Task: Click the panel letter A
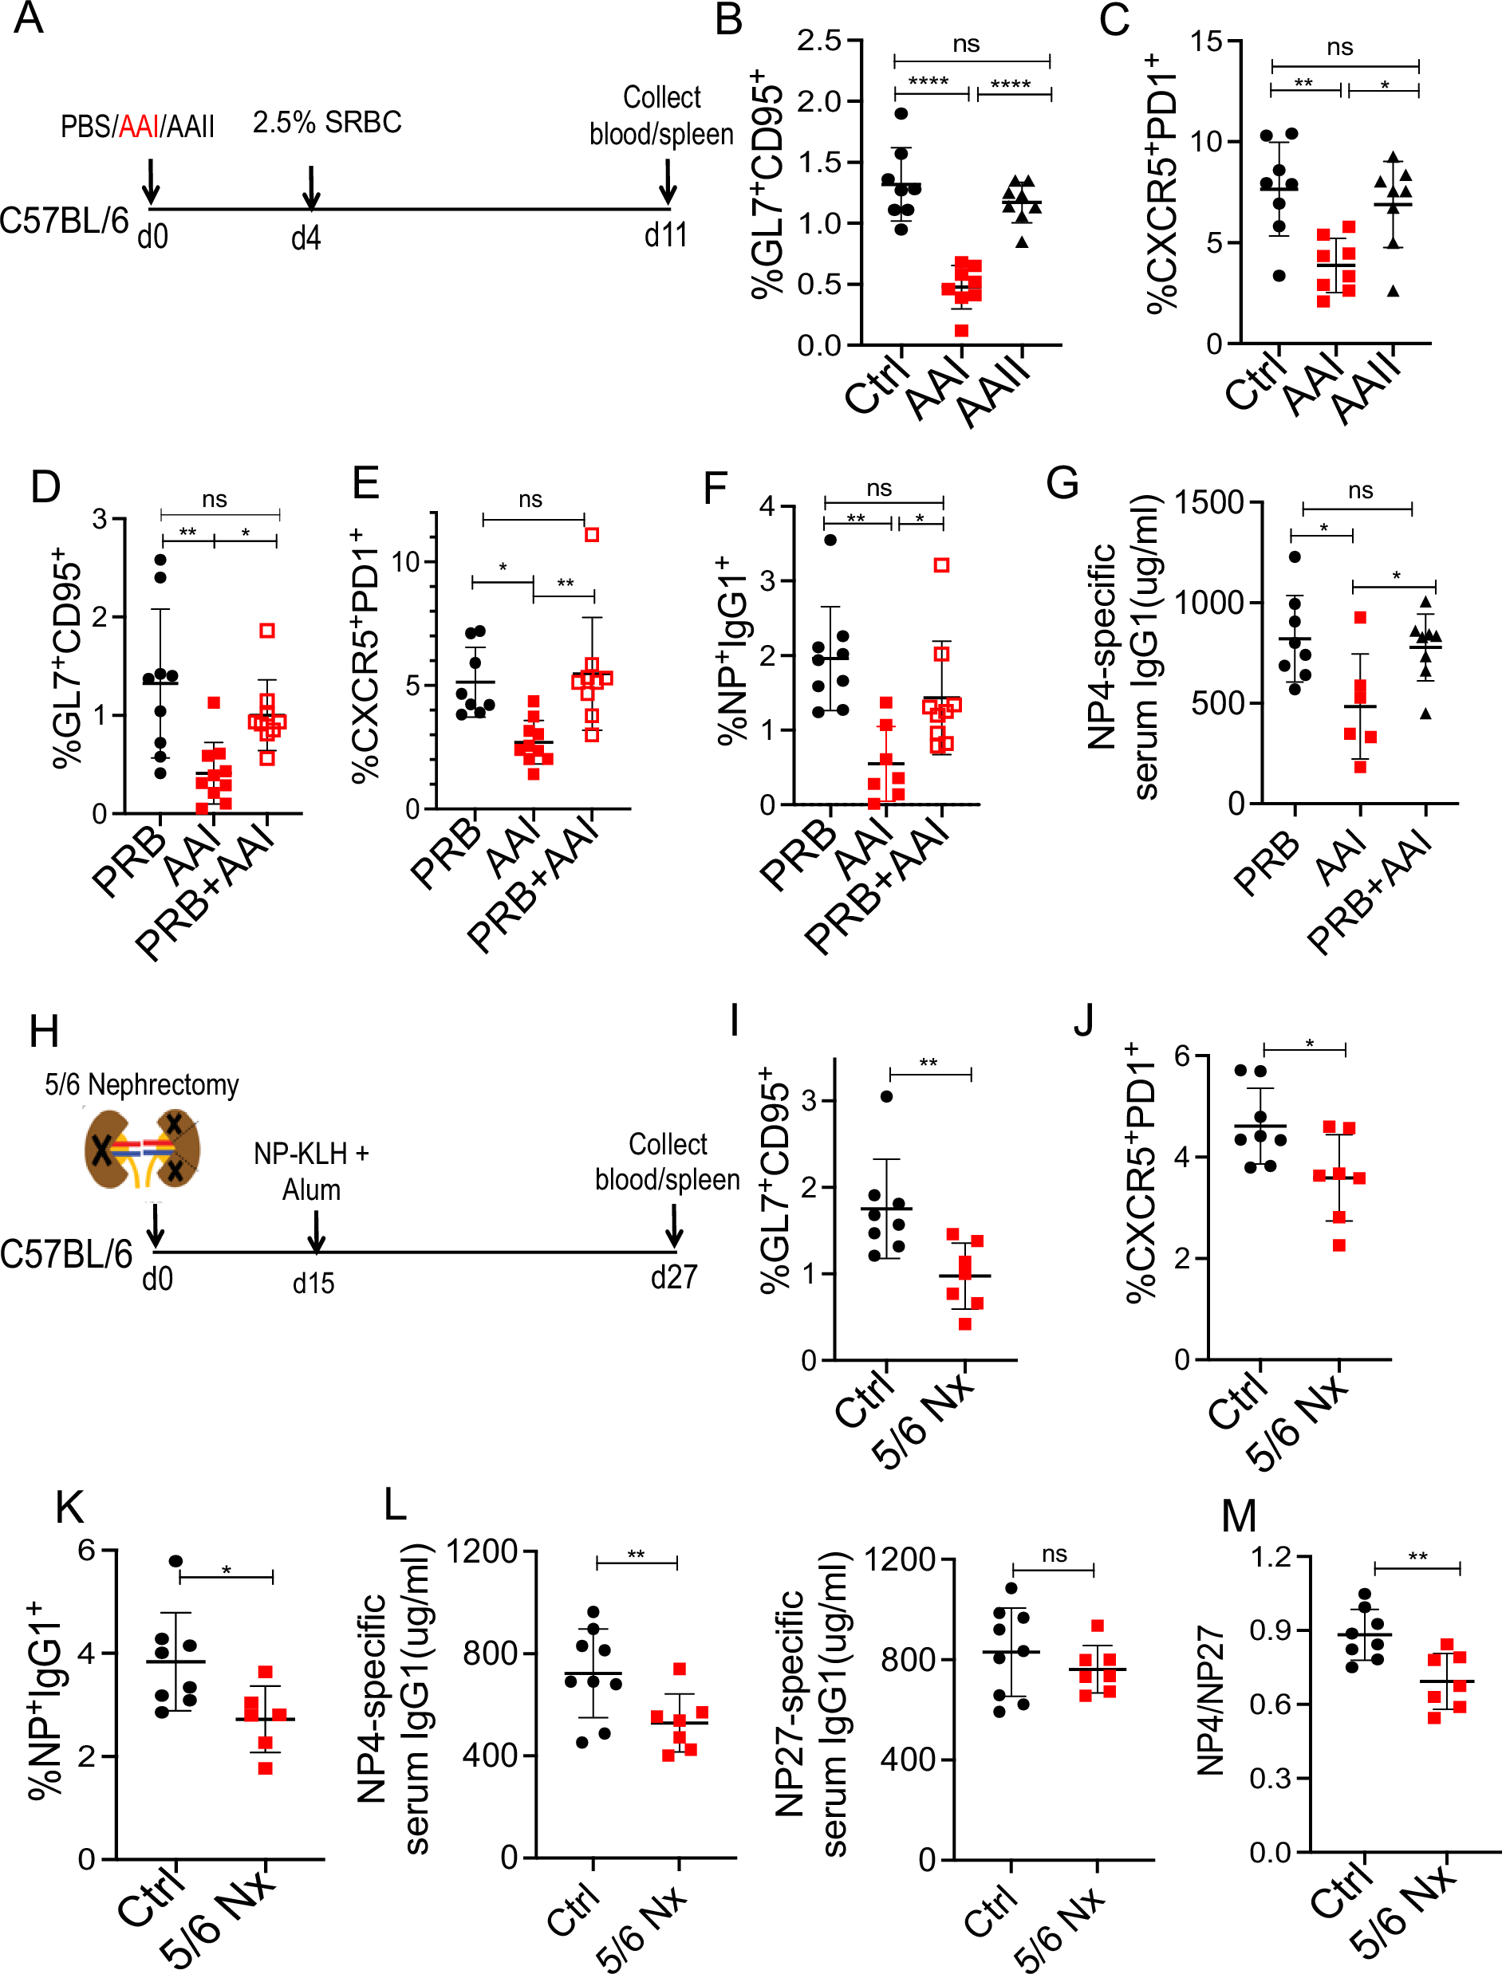click(29, 18)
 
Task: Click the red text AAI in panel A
click(139, 127)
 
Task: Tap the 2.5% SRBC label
click(326, 123)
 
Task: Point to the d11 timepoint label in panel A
click(666, 236)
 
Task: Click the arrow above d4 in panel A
click(310, 187)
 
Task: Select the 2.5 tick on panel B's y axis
click(819, 40)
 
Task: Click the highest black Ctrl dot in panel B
click(901, 113)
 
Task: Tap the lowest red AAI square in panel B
click(961, 331)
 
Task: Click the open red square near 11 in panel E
click(592, 534)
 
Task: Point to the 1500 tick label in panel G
click(1208, 502)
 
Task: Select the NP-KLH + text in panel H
click(311, 1154)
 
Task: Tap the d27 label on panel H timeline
click(673, 1277)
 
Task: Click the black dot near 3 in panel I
click(887, 1096)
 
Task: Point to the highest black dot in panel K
click(176, 1561)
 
